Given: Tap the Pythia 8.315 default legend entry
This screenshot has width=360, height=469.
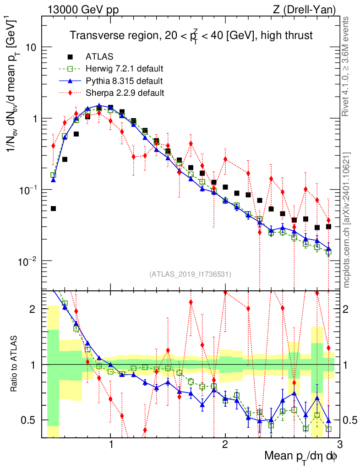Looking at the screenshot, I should [x=124, y=81].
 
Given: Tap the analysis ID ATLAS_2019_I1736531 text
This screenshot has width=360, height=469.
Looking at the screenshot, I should [x=190, y=274].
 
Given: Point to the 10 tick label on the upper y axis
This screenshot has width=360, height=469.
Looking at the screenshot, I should [x=30, y=48].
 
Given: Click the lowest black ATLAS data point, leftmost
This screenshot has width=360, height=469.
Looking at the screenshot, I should [x=53, y=208].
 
